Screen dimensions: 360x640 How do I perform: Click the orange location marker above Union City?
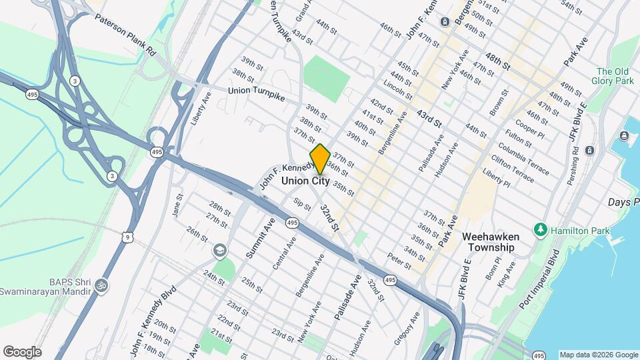click(320, 159)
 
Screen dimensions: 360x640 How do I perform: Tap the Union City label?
click(305, 181)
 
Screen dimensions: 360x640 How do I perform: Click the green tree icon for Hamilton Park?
click(540, 230)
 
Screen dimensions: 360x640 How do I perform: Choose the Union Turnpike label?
click(256, 94)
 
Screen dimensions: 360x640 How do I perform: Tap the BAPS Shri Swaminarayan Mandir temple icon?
click(101, 285)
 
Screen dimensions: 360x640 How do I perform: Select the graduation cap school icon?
click(218, 251)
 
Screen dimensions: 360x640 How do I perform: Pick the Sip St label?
click(302, 203)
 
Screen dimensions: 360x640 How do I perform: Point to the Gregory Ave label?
click(407, 327)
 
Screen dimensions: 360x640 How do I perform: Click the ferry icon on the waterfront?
click(624, 136)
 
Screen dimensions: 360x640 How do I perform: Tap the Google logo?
click(22, 351)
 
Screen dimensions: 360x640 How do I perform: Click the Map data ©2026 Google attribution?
click(598, 355)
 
